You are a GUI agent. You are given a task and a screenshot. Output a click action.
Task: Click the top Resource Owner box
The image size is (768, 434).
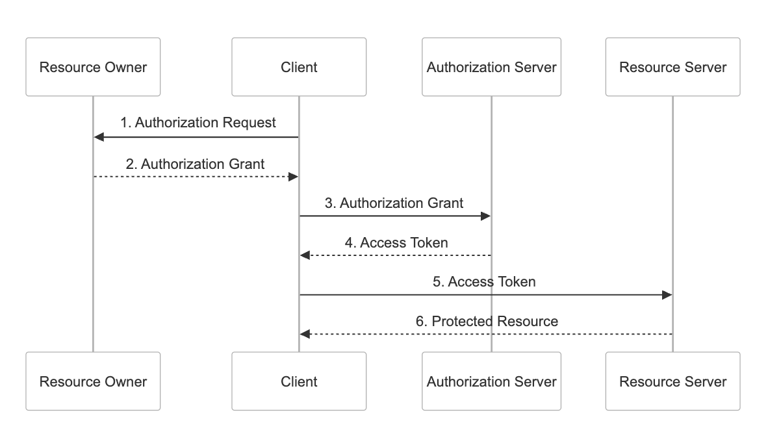pyautogui.click(x=93, y=67)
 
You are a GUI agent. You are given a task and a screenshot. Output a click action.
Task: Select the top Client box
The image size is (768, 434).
pyautogui.click(x=299, y=67)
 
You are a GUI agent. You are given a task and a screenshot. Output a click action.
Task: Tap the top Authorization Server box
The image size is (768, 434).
pyautogui.click(x=491, y=67)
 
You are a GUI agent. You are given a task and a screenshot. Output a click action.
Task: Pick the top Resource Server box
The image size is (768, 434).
pyautogui.click(x=672, y=67)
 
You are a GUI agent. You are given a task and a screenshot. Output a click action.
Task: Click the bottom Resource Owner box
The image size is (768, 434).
pyautogui.click(x=93, y=381)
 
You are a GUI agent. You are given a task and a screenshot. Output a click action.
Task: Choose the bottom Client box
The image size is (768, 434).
pyautogui.click(x=299, y=381)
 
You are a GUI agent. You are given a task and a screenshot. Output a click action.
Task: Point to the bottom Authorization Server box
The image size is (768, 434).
pyautogui.click(x=491, y=381)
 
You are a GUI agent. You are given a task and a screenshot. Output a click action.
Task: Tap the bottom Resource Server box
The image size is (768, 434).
pyautogui.click(x=672, y=381)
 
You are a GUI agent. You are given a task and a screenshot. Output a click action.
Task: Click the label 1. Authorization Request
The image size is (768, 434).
pyautogui.click(x=198, y=123)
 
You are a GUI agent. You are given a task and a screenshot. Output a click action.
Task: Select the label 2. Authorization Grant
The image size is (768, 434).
pyautogui.click(x=195, y=164)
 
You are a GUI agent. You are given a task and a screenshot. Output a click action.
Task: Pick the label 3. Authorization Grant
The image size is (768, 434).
pyautogui.click(x=394, y=203)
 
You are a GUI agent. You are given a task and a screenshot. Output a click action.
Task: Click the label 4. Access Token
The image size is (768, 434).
pyautogui.click(x=396, y=243)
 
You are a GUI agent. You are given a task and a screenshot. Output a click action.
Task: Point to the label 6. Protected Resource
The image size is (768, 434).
pyautogui.click(x=487, y=321)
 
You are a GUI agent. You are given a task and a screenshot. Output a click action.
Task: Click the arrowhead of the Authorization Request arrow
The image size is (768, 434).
pyautogui.click(x=99, y=137)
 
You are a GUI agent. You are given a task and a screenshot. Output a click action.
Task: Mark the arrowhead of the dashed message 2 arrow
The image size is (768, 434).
pyautogui.click(x=293, y=177)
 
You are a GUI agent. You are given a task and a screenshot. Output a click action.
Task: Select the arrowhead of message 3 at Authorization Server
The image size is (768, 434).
pyautogui.click(x=485, y=216)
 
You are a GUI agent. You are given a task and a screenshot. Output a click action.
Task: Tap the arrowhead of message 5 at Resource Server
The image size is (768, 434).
pyautogui.click(x=667, y=295)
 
